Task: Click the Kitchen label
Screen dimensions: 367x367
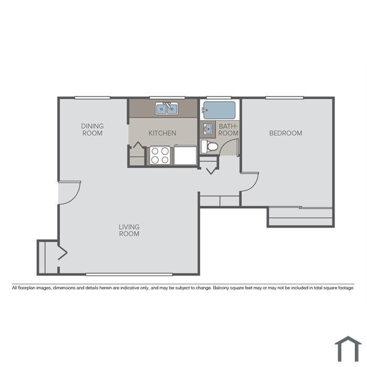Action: click(x=162, y=133)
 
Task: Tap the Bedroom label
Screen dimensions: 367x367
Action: click(x=286, y=133)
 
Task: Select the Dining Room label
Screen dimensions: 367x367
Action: click(x=92, y=129)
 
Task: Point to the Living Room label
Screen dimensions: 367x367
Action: click(x=129, y=230)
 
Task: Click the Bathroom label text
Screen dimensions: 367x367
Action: click(x=228, y=129)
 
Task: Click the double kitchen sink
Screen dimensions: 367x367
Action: click(x=167, y=109)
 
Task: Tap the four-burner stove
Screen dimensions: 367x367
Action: click(x=160, y=155)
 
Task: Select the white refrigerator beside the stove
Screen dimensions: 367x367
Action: click(x=185, y=155)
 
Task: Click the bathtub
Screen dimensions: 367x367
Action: click(x=219, y=110)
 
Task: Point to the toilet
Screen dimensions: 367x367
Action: click(x=210, y=147)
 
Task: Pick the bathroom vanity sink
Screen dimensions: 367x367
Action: click(x=208, y=129)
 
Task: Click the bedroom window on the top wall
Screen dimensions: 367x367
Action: click(x=284, y=98)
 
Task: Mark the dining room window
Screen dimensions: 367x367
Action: click(x=92, y=98)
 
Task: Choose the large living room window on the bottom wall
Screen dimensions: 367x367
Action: click(x=129, y=274)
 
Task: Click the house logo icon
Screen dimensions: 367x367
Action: click(x=348, y=349)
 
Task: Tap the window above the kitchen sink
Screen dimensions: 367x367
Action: click(x=167, y=98)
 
